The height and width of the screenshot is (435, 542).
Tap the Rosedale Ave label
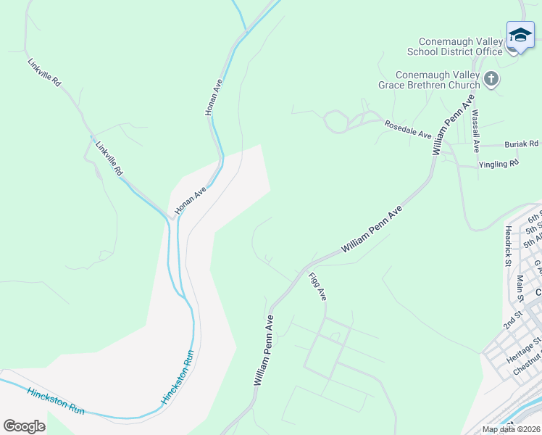[x=407, y=130]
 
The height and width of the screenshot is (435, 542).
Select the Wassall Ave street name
[x=475, y=130]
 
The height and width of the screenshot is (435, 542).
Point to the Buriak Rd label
[x=522, y=144]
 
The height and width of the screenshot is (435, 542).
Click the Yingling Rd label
[x=499, y=165]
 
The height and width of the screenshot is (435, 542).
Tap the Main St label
[x=520, y=288]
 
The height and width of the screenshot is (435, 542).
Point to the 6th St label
[x=535, y=217]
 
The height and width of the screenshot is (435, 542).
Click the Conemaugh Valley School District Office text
[x=460, y=46]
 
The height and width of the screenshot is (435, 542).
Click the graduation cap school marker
[x=520, y=35]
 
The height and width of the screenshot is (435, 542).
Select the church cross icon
[x=492, y=78]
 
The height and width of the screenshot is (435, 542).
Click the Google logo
[x=24, y=426]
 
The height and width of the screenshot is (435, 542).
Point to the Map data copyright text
[x=511, y=429]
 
